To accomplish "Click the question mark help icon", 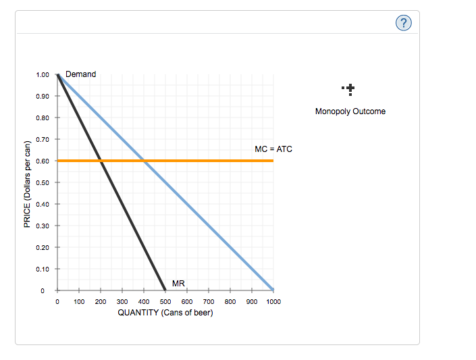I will tap(403, 24).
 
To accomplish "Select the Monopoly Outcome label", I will tap(350, 111).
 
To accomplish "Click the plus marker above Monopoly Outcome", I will tap(350, 88).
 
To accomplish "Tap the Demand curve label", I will tap(80, 74).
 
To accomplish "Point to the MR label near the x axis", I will tap(179, 283).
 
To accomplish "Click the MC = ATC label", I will tap(273, 149).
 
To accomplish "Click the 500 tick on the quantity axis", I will tap(165, 302).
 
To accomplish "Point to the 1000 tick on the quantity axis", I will tap(273, 302).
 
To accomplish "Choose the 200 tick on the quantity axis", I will tap(101, 302).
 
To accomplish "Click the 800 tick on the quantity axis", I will tap(230, 302).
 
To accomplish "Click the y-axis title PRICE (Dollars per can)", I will tap(27, 184).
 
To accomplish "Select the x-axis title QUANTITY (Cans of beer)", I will tap(165, 313).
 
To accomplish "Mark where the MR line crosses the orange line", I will tap(101, 161).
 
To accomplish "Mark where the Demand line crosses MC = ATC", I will tap(144, 161).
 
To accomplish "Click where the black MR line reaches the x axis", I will tap(165, 290).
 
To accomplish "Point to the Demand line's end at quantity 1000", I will tap(273, 290).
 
